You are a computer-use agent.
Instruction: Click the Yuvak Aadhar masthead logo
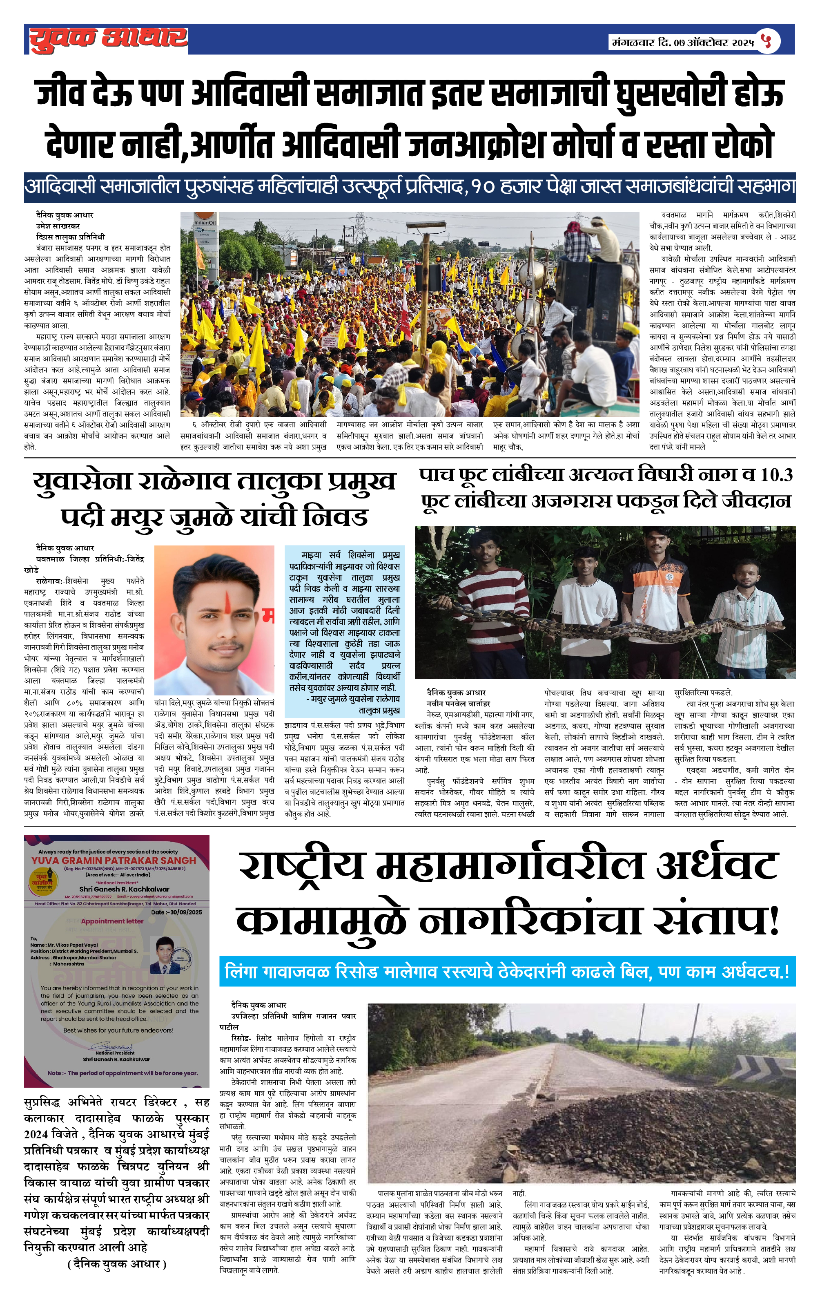tap(108, 39)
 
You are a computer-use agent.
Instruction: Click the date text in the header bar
tap(683, 42)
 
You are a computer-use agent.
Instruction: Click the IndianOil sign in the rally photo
tap(205, 222)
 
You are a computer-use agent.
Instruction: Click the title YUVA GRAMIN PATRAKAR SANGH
tap(114, 860)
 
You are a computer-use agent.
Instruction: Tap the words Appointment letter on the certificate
tap(112, 921)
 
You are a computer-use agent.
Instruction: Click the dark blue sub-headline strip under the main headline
tap(410, 187)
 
